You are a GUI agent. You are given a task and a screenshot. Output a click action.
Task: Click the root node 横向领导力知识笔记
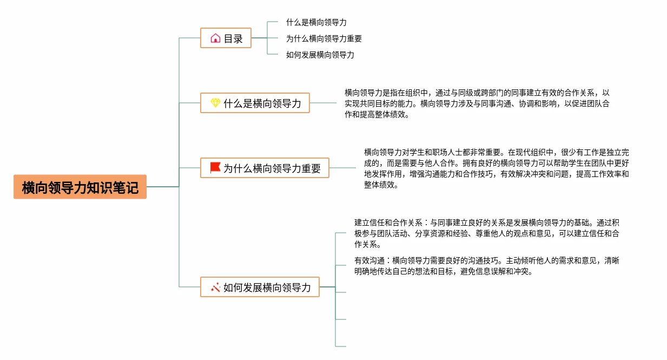pyautogui.click(x=80, y=187)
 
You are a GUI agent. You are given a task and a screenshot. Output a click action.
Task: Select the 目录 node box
pyautogui.click(x=226, y=38)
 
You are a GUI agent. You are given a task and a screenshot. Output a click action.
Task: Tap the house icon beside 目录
pyautogui.click(x=215, y=38)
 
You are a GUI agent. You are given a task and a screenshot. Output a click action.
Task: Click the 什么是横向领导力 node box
pyautogui.click(x=255, y=103)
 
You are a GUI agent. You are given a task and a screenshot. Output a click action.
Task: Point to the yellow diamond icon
pyautogui.click(x=215, y=103)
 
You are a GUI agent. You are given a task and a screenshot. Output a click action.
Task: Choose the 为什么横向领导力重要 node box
pyautogui.click(x=265, y=168)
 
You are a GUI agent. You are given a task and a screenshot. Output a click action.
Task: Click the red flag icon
pyautogui.click(x=215, y=168)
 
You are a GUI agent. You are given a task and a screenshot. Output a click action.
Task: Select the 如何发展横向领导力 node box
pyautogui.click(x=260, y=287)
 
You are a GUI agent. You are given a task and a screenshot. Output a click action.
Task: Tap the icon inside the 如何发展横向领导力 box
pyautogui.click(x=215, y=287)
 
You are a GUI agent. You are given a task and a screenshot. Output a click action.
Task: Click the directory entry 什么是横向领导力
pyautogui.click(x=316, y=23)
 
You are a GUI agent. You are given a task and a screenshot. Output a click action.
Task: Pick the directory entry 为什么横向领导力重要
pyautogui.click(x=324, y=39)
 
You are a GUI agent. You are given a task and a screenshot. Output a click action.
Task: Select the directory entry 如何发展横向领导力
pyautogui.click(x=320, y=55)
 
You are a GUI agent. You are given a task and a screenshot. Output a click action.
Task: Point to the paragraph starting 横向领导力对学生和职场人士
pyautogui.click(x=497, y=168)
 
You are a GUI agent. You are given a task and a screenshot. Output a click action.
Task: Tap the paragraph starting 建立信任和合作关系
pyautogui.click(x=487, y=233)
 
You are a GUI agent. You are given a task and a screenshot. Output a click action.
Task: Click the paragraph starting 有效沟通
pyautogui.click(x=487, y=266)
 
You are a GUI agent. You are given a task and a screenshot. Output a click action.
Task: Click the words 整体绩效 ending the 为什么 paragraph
pyautogui.click(x=381, y=185)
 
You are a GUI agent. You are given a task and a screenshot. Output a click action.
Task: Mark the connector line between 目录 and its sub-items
pyautogui.click(x=260, y=38)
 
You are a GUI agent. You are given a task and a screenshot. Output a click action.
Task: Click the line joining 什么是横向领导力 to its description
pyautogui.click(x=323, y=103)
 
